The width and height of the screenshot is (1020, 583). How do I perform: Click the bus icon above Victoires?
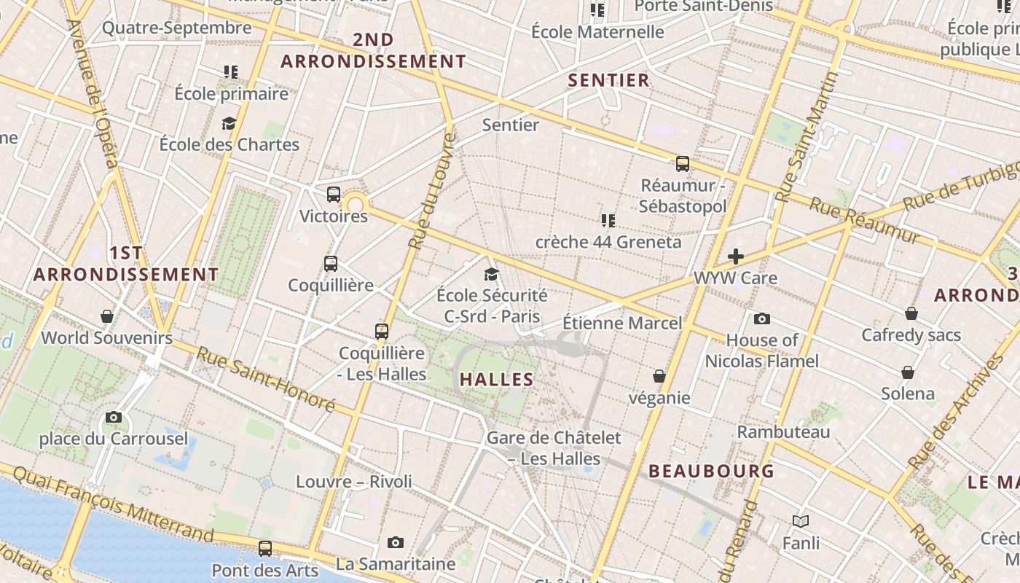pyautogui.click(x=334, y=195)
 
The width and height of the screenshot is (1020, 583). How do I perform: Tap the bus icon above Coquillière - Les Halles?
pyautogui.click(x=382, y=332)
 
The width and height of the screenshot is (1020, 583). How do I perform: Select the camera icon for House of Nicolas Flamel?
pyautogui.click(x=762, y=318)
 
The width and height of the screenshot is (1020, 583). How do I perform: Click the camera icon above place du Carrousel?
pyautogui.click(x=114, y=418)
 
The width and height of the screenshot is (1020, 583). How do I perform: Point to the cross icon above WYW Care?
pyautogui.click(x=736, y=257)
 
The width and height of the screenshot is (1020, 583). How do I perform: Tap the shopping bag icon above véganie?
pyautogui.click(x=659, y=376)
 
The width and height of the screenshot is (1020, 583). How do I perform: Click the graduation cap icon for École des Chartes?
pyautogui.click(x=229, y=123)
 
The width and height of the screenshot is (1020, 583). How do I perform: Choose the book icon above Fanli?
pyautogui.click(x=801, y=521)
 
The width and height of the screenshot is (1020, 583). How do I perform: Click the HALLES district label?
pyautogui.click(x=497, y=380)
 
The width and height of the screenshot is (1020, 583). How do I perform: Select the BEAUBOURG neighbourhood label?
pyautogui.click(x=712, y=472)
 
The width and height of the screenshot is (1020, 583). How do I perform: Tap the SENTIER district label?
pyautogui.click(x=608, y=81)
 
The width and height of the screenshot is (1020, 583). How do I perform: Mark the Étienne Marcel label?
pyautogui.click(x=622, y=323)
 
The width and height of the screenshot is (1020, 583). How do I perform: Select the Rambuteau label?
pyautogui.click(x=783, y=432)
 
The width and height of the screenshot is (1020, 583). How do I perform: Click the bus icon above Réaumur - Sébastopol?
pyautogui.click(x=683, y=164)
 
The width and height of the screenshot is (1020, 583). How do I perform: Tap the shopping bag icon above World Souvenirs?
pyautogui.click(x=107, y=316)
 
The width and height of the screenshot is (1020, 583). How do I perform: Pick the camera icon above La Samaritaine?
pyautogui.click(x=396, y=542)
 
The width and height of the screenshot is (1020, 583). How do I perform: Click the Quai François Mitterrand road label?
pyautogui.click(x=114, y=504)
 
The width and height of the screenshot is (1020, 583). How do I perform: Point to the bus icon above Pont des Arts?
pyautogui.click(x=265, y=549)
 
